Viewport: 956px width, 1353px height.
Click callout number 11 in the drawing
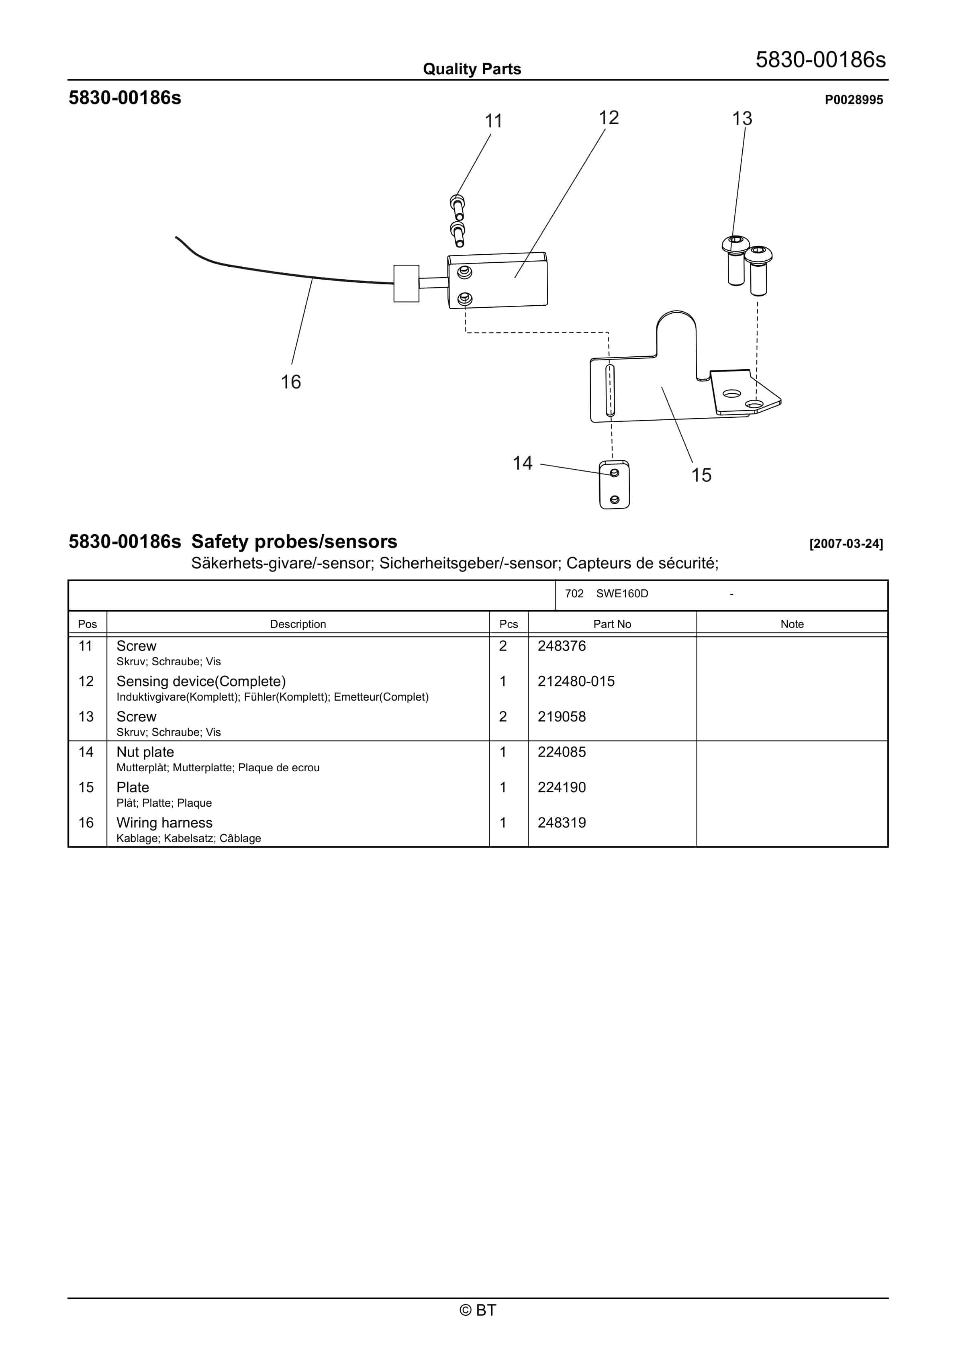tap(493, 121)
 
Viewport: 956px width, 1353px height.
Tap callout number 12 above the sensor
tap(609, 118)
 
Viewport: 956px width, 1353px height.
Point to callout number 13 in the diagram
tap(742, 119)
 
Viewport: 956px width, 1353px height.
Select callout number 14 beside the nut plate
tap(522, 463)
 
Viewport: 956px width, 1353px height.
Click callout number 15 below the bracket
tap(701, 475)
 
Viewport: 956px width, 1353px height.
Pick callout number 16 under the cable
tap(290, 382)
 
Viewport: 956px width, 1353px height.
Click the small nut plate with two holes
tap(614, 485)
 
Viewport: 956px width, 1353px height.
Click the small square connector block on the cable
tap(406, 284)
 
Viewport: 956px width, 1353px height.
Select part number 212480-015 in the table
tap(576, 681)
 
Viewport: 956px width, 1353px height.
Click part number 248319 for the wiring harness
tap(562, 823)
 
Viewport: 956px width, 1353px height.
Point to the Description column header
tap(298, 624)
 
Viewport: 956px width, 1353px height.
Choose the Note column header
tap(792, 624)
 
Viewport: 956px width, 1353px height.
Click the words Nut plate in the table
tap(145, 752)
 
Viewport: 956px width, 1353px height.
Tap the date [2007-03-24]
tap(846, 544)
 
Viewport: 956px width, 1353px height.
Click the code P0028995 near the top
tap(854, 100)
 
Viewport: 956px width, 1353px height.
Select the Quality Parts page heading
tap(472, 69)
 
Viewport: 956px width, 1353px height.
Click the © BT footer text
tap(478, 1310)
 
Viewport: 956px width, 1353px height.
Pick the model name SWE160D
tap(622, 593)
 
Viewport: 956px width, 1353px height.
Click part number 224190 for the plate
tap(562, 787)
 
